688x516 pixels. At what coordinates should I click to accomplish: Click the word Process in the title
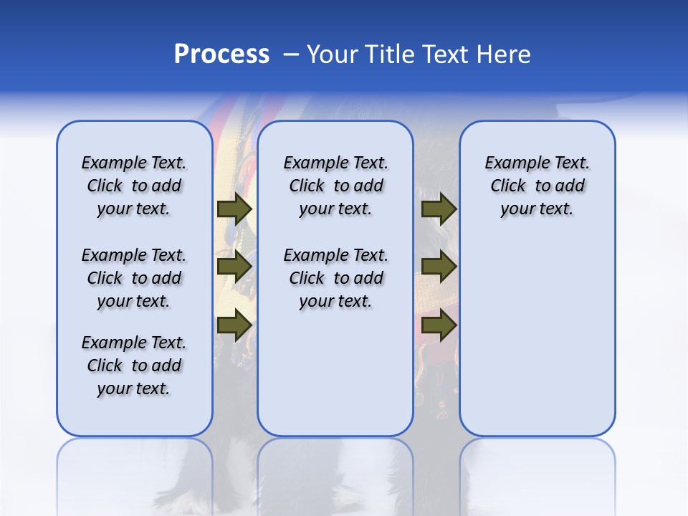click(x=221, y=54)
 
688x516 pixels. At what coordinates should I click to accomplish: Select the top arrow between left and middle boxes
click(x=234, y=209)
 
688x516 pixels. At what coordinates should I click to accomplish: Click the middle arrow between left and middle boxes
click(x=234, y=267)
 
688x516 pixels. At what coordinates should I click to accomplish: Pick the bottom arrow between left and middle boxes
click(x=234, y=325)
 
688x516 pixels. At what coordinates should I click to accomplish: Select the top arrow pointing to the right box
click(x=439, y=209)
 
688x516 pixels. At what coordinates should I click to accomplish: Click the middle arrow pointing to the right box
click(x=439, y=267)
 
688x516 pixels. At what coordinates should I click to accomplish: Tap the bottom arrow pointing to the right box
click(x=439, y=325)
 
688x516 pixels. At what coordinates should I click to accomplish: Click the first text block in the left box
click(x=134, y=186)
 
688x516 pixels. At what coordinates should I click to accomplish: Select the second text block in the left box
click(x=134, y=278)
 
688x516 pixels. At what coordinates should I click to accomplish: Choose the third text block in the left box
click(x=134, y=365)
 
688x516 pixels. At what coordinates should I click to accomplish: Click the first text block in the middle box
click(x=335, y=186)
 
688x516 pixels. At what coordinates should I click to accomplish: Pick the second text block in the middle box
click(x=335, y=278)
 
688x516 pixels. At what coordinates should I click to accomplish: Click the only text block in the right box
click(x=537, y=186)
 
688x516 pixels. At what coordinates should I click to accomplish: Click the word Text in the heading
click(x=444, y=54)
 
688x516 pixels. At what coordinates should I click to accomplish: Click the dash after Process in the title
click(x=291, y=54)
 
